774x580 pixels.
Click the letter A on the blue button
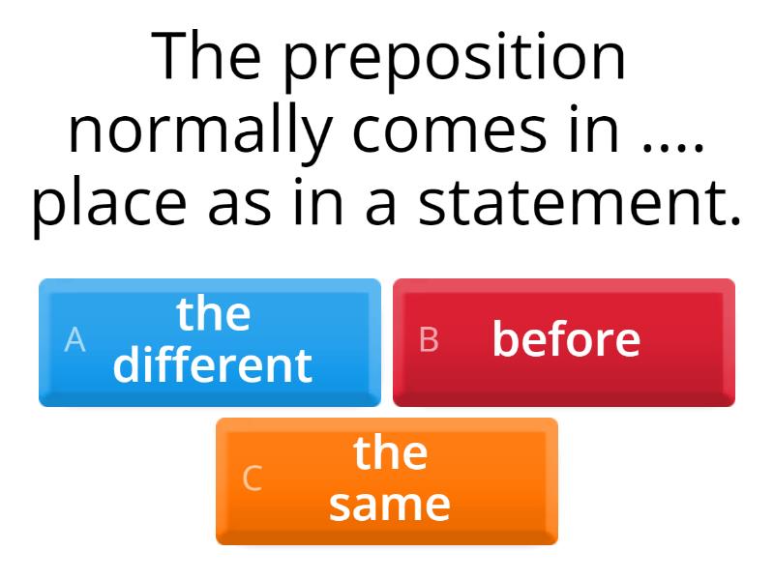click(74, 340)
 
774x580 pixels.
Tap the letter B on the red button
click(429, 340)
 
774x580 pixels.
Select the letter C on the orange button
click(252, 478)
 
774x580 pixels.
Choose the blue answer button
click(210, 342)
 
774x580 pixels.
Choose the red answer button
click(564, 342)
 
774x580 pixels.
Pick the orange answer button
click(387, 480)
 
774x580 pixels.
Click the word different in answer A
click(213, 365)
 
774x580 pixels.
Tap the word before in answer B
click(566, 339)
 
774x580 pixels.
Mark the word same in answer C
click(389, 505)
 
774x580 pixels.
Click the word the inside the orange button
click(390, 452)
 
